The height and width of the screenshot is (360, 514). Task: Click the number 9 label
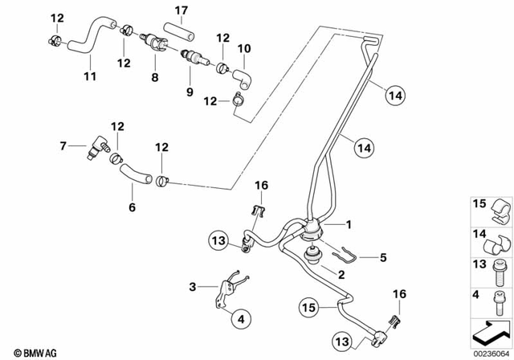pyautogui.click(x=190, y=92)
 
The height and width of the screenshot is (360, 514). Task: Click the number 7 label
pyautogui.click(x=63, y=145)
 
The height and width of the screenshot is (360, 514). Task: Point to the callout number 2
pyautogui.click(x=341, y=274)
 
